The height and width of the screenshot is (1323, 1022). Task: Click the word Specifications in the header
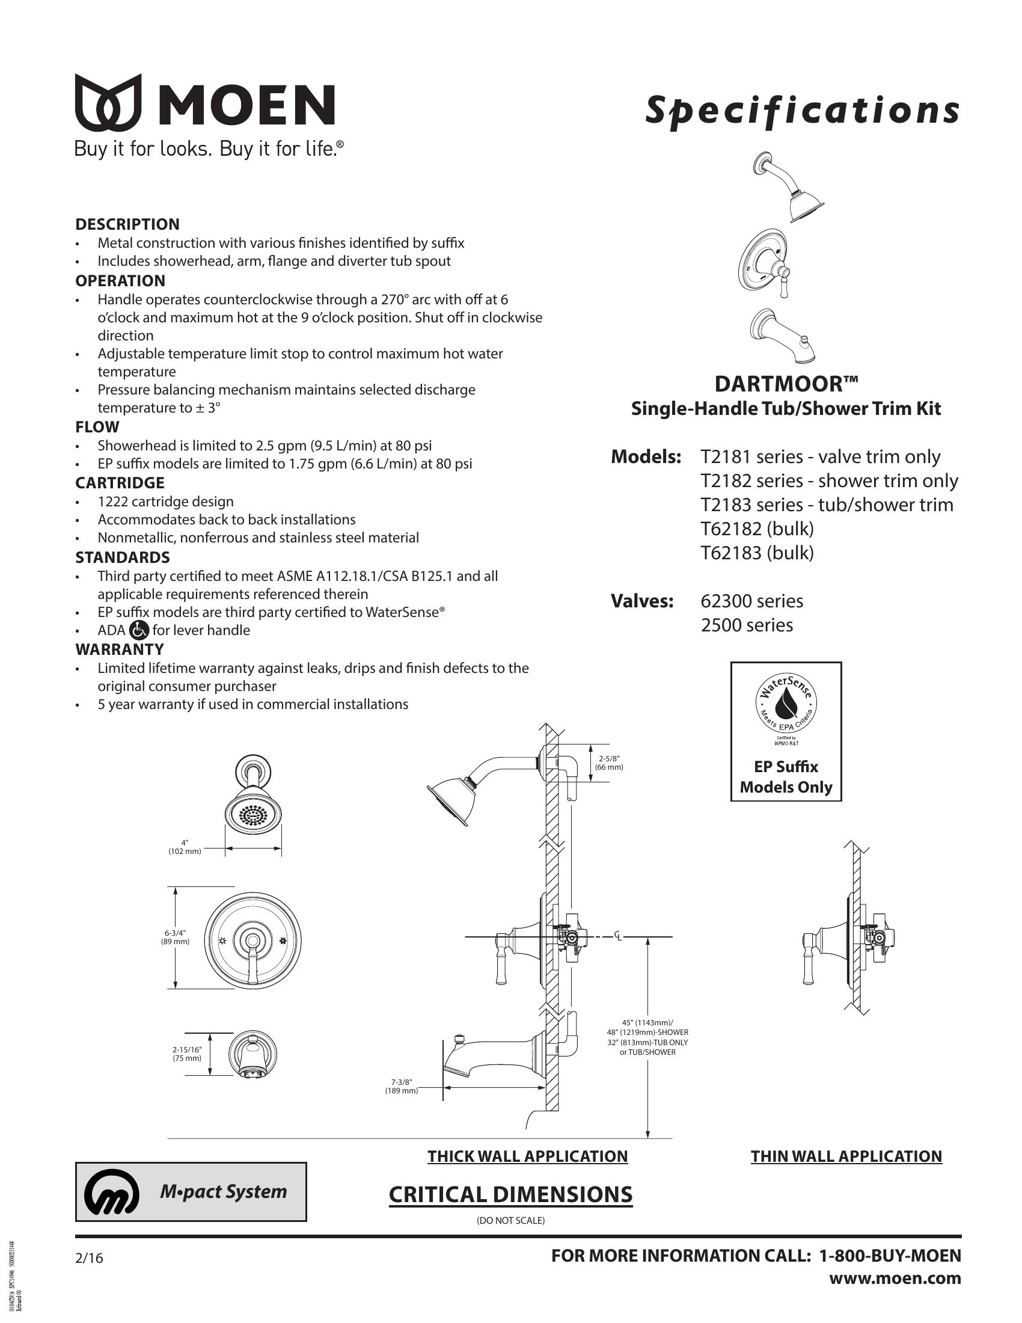point(802,110)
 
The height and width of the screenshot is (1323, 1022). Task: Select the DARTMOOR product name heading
point(786,384)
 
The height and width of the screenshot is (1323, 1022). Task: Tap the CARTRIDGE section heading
point(120,483)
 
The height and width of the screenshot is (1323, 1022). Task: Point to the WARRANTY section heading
point(120,649)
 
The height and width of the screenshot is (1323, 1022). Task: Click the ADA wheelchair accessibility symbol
point(139,631)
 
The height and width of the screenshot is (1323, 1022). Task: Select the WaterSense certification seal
point(786,707)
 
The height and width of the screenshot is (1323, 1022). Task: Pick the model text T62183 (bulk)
point(757,553)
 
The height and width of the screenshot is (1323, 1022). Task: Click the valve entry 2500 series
point(747,625)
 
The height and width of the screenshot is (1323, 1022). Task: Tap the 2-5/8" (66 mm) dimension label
point(609,763)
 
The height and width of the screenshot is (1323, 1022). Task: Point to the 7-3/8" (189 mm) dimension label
point(402,1086)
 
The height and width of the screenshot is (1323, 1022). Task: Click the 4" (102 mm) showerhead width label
point(185,847)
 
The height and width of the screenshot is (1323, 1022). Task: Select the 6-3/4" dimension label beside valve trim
point(175,937)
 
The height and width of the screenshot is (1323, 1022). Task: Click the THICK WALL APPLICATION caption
point(527,1156)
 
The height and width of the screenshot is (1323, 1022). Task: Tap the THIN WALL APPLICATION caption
point(846,1156)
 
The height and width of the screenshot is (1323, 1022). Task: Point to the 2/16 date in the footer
point(90,1259)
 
